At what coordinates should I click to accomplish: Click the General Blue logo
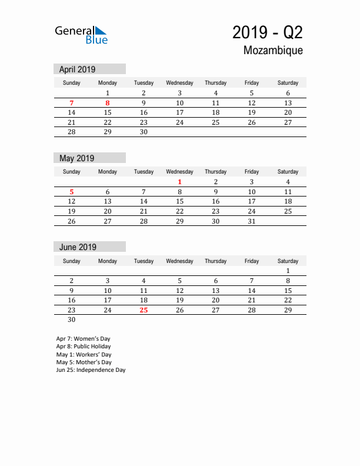click(81, 35)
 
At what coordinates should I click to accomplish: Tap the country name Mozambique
click(273, 51)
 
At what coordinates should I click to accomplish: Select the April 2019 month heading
click(77, 69)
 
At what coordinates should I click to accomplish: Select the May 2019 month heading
click(77, 158)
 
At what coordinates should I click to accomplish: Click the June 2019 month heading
click(78, 247)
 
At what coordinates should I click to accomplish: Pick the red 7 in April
click(72, 103)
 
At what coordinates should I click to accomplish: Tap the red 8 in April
click(108, 103)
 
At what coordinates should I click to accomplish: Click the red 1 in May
click(179, 182)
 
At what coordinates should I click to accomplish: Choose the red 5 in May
click(72, 192)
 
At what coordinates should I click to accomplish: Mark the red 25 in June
click(144, 310)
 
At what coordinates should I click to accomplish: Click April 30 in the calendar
click(144, 132)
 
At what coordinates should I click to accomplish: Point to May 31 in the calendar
click(252, 222)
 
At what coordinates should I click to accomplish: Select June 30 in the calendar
click(72, 320)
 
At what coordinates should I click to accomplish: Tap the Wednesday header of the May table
click(179, 172)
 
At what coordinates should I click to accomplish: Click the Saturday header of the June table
click(288, 261)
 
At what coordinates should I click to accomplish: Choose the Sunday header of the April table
click(72, 83)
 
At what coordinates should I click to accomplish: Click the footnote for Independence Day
click(91, 370)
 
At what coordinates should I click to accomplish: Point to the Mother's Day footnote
click(84, 362)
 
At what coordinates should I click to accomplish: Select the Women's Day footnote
click(83, 339)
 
